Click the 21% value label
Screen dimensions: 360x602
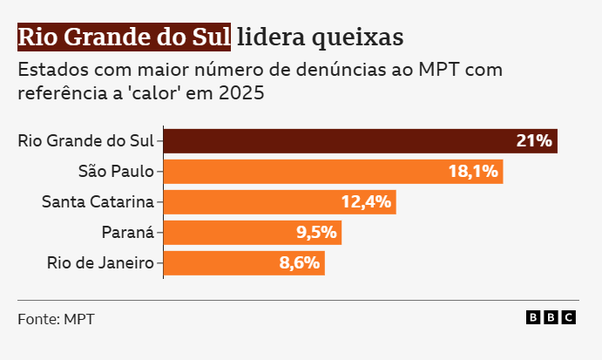pos(534,140)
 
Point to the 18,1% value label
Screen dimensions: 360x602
pos(473,171)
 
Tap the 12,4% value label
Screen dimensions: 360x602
pos(367,202)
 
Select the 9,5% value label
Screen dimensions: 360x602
pos(315,232)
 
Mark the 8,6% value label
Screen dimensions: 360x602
pos(300,262)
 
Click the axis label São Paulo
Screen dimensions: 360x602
pos(115,171)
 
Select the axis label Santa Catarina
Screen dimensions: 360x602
pos(98,202)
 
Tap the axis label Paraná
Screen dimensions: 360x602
pos(128,232)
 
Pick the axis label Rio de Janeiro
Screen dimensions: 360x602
pos(100,262)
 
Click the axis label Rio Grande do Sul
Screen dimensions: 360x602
pos(85,140)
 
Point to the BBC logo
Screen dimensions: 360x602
pos(551,318)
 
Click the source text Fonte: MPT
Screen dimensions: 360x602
pos(56,319)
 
